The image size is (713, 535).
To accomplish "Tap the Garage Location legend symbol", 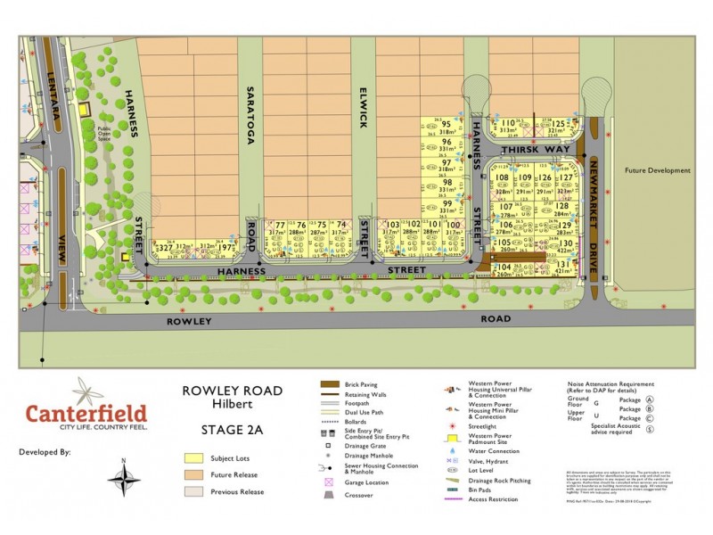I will click(x=330, y=481).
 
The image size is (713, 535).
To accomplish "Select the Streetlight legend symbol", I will click(x=457, y=427).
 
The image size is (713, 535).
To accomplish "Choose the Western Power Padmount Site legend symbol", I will click(x=457, y=438).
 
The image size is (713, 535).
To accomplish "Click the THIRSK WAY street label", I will click(x=535, y=151).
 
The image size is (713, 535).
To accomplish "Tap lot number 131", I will click(x=562, y=265).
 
